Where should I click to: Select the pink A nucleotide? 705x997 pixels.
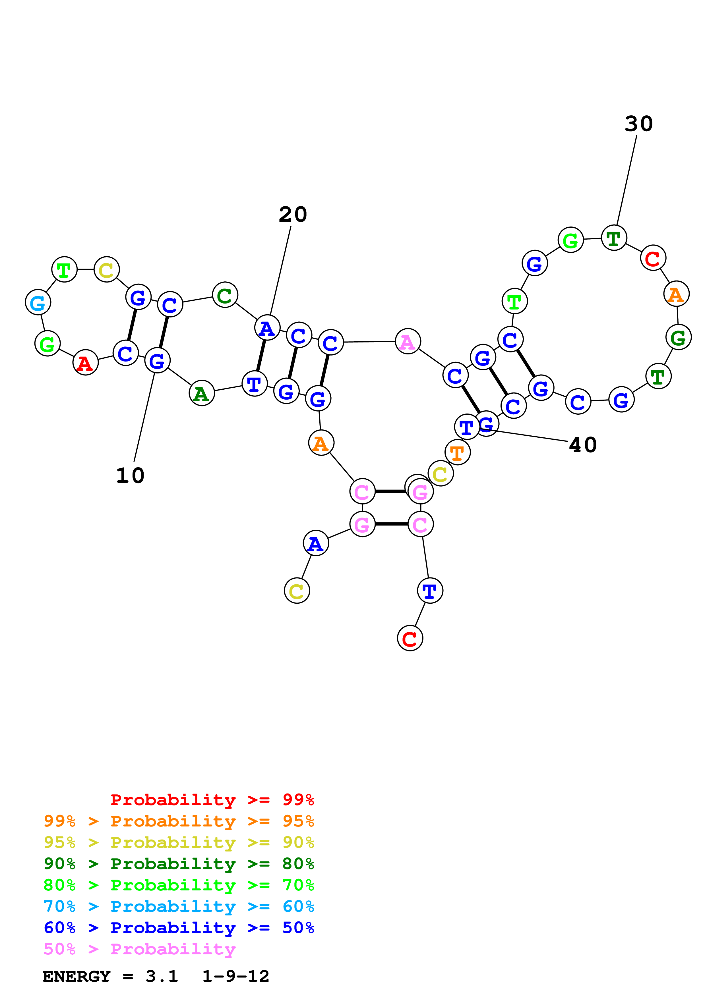pos(408,341)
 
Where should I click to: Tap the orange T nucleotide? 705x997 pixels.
pos(457,452)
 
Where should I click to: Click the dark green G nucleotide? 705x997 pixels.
pos(678,337)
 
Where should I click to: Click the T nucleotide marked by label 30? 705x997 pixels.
pos(614,238)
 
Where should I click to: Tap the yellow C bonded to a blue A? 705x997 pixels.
pos(297,591)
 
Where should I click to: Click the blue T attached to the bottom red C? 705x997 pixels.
pos(430,591)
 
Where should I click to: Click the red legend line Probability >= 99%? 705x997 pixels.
pos(212,800)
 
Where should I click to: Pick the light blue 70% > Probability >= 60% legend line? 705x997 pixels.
pos(179,906)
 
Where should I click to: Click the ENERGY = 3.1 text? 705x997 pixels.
pos(110,976)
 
